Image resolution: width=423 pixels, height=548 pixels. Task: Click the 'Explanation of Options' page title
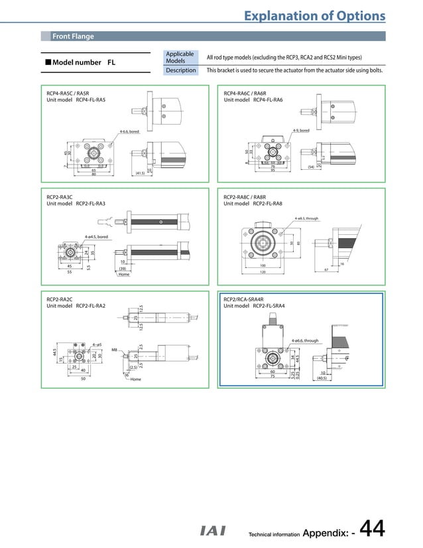point(314,15)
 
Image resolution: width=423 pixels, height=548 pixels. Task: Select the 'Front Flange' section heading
point(73,36)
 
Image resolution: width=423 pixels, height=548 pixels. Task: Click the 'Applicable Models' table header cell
point(180,58)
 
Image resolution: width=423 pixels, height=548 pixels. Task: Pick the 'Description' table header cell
point(181,70)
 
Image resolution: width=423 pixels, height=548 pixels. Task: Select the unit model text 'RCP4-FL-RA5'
point(91,100)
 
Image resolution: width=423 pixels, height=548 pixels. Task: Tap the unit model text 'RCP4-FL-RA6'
point(268,100)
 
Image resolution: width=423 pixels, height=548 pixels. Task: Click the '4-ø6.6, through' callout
point(305,340)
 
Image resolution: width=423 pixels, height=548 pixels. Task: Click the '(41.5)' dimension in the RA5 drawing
point(140,173)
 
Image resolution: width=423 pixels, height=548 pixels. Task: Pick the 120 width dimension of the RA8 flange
point(263,272)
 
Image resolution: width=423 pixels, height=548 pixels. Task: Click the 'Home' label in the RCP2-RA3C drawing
point(123,274)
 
